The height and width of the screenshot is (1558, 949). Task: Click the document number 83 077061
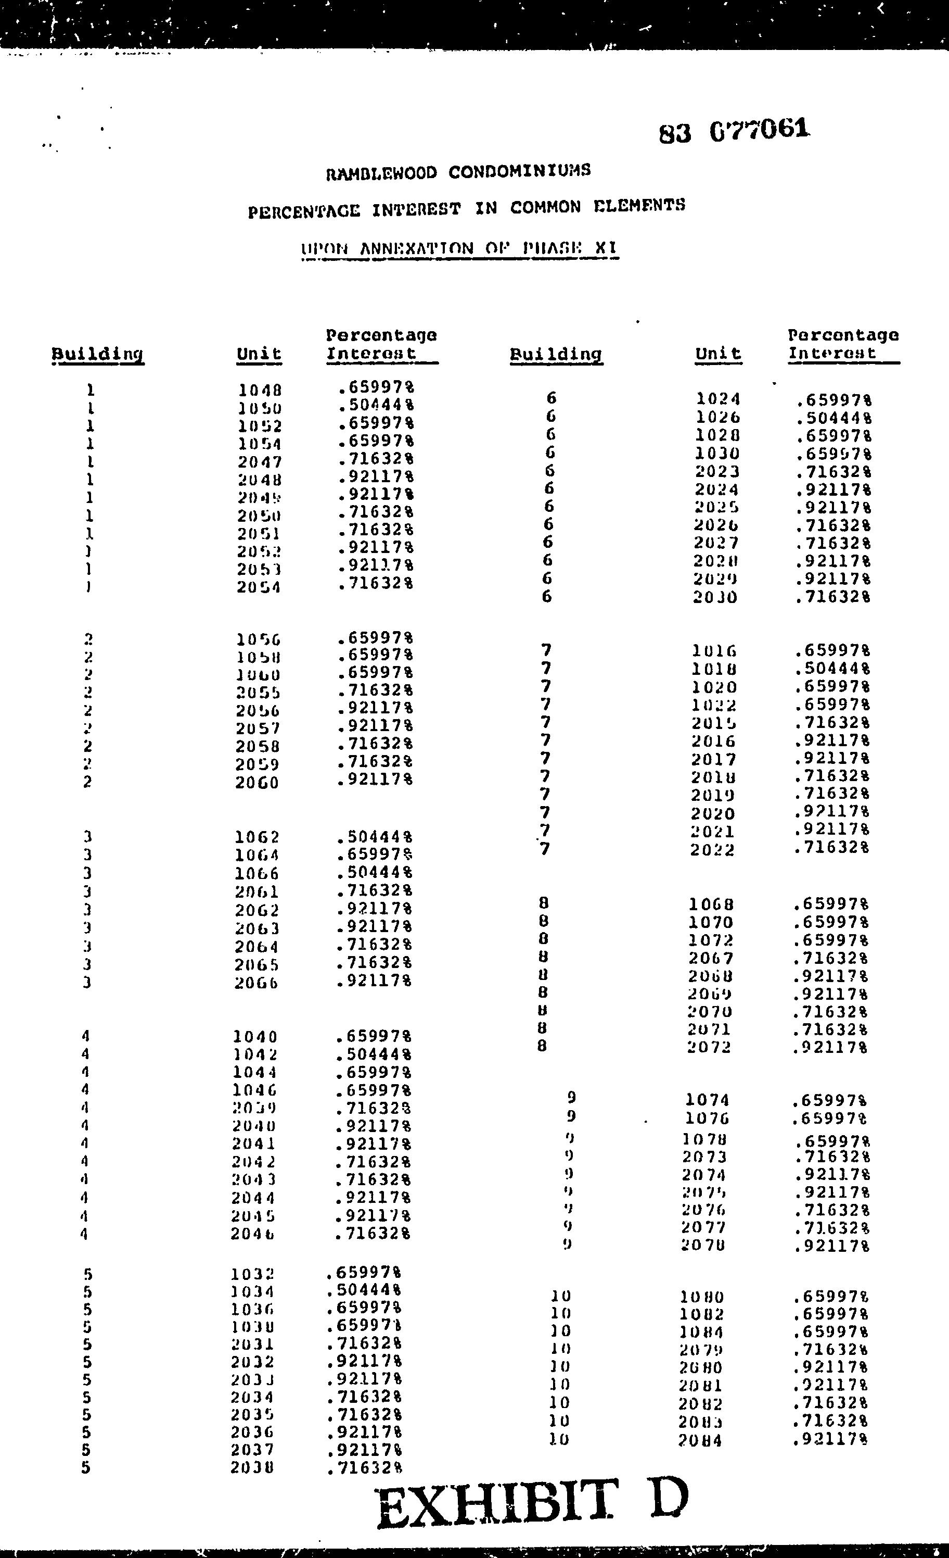point(734,131)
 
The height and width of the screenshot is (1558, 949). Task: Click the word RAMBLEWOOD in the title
point(381,173)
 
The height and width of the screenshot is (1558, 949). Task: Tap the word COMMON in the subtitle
point(545,207)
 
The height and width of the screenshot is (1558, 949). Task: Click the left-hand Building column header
point(97,355)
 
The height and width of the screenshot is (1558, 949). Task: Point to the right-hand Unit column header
point(718,354)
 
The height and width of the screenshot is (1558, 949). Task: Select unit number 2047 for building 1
point(259,463)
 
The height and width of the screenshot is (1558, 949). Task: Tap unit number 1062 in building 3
point(257,838)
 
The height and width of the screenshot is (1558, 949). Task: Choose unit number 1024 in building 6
point(718,399)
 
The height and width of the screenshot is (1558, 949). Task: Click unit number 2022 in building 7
point(713,850)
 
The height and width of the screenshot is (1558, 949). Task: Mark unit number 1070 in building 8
point(711,923)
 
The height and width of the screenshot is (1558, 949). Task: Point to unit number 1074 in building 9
point(708,1101)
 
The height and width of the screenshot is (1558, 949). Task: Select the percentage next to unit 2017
point(831,758)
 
